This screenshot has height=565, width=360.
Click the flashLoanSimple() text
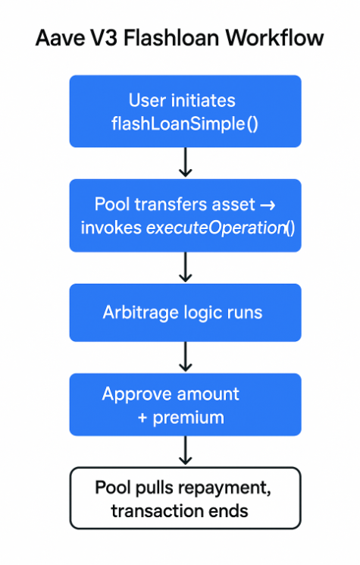point(185,121)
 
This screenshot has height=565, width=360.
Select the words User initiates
point(182,100)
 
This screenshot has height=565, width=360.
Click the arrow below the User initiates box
point(185,162)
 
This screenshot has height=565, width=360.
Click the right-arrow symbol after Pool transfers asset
point(269,205)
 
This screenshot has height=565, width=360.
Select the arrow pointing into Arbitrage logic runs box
point(185,267)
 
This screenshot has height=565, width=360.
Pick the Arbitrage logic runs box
point(185,312)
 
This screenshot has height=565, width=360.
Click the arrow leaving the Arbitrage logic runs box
point(185,356)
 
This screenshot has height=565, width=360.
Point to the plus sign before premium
point(142,416)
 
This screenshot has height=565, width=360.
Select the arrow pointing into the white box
point(185,451)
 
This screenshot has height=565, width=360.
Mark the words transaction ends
point(180,510)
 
